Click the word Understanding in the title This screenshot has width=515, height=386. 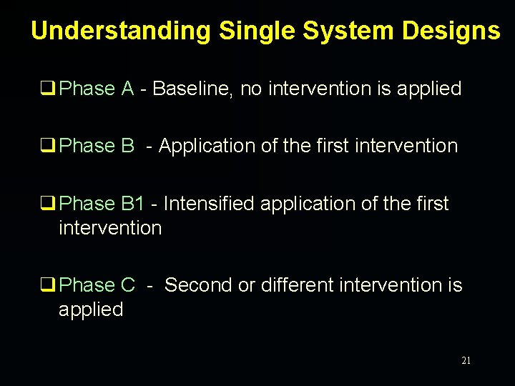[121, 31]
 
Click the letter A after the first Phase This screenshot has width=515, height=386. [127, 89]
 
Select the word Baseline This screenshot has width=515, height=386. [192, 89]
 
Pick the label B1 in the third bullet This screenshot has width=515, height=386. [133, 204]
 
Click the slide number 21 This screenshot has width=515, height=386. [466, 361]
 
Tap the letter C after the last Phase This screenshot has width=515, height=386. [127, 285]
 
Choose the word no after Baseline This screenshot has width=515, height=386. [251, 89]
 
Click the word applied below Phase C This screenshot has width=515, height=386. [91, 310]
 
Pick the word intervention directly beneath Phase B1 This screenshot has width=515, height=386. [110, 228]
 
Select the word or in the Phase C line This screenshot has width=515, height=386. [246, 285]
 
